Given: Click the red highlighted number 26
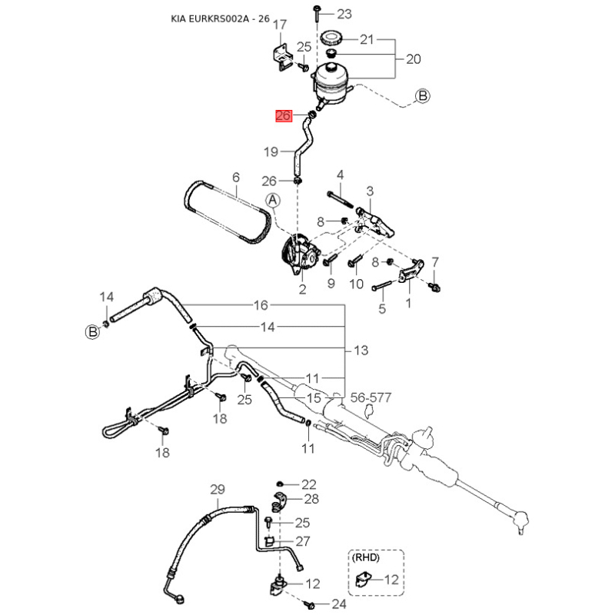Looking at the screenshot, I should click(283, 116).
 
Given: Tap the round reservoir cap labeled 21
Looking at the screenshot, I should click(333, 38).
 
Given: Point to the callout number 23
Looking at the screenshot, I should click(344, 14).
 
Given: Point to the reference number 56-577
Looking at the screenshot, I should click(371, 398).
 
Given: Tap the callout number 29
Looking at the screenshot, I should click(218, 490).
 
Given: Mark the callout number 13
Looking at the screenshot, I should click(361, 351).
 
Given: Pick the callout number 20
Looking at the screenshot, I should click(414, 58).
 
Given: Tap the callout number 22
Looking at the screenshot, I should click(309, 484).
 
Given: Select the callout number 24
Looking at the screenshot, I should click(339, 604).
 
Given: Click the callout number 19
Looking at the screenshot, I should click(271, 152).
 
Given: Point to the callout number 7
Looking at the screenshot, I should click(435, 261).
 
